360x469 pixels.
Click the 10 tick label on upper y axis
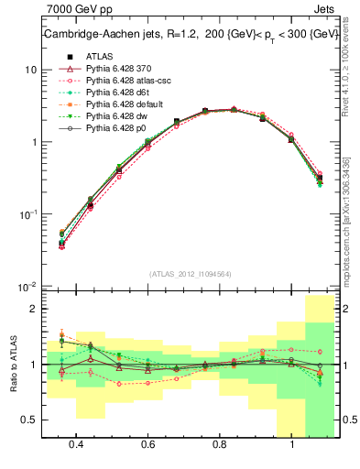(x=29, y=70)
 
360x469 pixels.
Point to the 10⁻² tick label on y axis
(x=27, y=286)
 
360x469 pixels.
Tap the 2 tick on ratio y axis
(x=33, y=309)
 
